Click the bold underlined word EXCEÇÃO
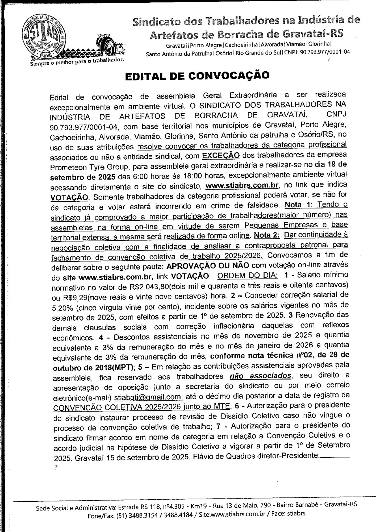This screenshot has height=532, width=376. [x=221, y=155]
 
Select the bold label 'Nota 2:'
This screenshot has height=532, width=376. [x=267, y=235]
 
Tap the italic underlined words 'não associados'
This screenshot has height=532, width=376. [x=260, y=376]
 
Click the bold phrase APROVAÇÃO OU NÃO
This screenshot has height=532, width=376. [x=208, y=265]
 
